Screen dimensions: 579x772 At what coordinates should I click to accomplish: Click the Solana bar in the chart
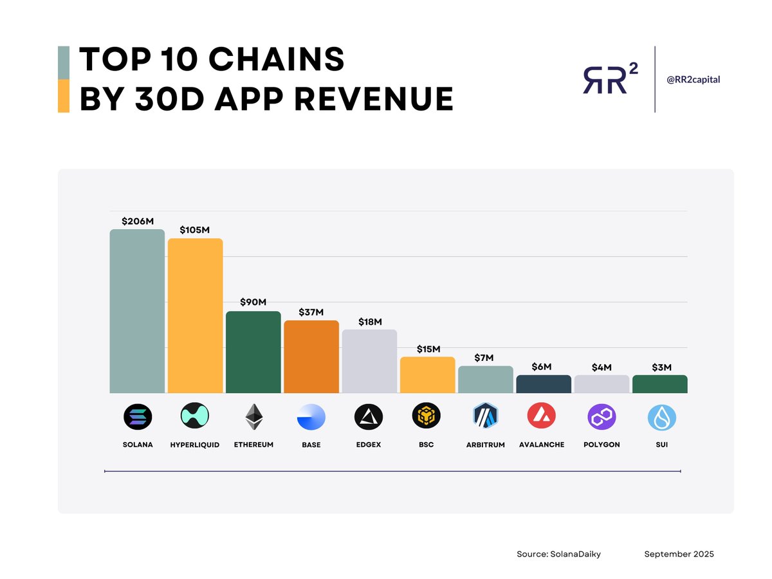pos(137,311)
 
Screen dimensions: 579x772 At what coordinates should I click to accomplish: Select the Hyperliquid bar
pos(195,316)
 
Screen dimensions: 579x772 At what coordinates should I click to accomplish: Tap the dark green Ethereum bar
pos(253,352)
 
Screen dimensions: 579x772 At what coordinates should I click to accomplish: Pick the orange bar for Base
pos(311,356)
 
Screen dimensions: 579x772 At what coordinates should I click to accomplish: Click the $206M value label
pos(138,221)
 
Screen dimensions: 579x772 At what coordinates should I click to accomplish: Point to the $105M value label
pos(195,230)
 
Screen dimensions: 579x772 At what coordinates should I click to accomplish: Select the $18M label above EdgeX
pos(369,322)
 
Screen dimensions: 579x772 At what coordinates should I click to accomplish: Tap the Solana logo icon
pos(138,418)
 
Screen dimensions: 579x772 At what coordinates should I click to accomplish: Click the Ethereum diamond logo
pos(253,418)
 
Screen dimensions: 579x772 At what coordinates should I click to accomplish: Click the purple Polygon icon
pos(602,418)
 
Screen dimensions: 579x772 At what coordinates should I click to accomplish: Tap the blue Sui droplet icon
pos(661,418)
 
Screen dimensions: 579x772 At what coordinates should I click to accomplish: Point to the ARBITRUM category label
pos(485,445)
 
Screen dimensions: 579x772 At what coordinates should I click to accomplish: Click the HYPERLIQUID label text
pos(196,445)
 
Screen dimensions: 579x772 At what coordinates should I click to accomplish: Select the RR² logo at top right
pos(611,80)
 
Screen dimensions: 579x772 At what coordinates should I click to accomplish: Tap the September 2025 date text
pos(679,554)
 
